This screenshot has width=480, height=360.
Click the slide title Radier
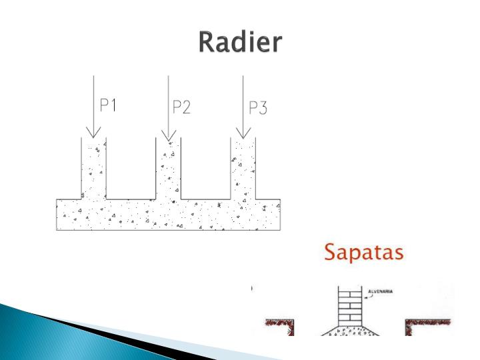point(240,43)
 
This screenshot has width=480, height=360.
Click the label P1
point(109,105)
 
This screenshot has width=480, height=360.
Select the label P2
point(181,107)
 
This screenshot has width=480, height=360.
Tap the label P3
point(258,108)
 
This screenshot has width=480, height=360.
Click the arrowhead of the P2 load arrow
point(169,135)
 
